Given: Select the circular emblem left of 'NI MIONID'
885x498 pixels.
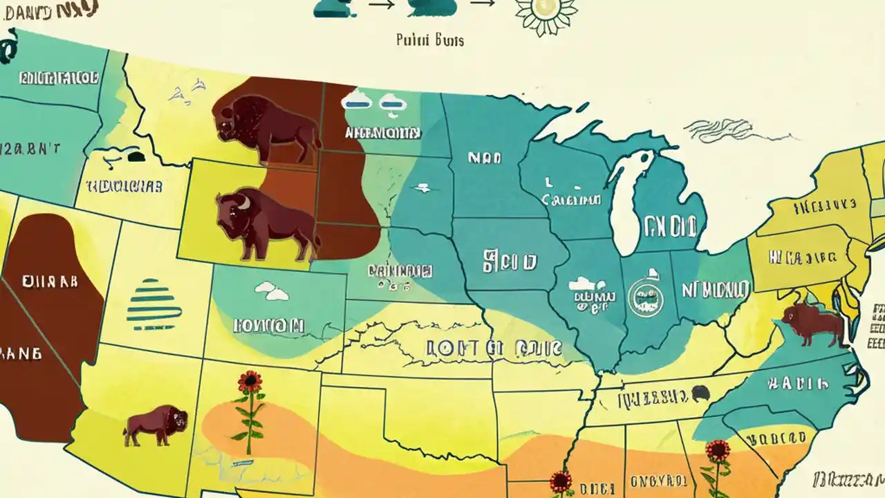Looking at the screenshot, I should click(645, 296).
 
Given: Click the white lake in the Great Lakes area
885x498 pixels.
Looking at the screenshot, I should click(630, 201).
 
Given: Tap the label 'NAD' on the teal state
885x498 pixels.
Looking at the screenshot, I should click(484, 158).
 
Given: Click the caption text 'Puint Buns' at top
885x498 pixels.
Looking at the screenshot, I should click(429, 40).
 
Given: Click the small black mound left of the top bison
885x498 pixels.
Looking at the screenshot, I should click(136, 156).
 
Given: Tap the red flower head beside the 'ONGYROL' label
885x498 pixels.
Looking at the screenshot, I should click(718, 450).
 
